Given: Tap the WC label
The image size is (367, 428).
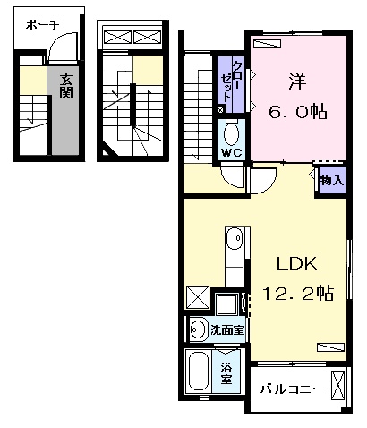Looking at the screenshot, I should [x=232, y=151].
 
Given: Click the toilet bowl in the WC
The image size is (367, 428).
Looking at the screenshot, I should [x=232, y=133].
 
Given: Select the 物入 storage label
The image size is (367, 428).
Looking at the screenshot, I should [x=331, y=180].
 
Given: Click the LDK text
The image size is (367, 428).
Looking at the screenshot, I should [x=297, y=264].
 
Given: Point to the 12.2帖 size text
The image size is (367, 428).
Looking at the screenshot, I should [x=297, y=292].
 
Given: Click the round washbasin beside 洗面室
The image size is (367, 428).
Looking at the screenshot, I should [x=198, y=330].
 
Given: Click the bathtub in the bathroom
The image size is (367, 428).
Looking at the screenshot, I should [x=199, y=370].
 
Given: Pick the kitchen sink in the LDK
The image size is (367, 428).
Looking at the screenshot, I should [x=235, y=240].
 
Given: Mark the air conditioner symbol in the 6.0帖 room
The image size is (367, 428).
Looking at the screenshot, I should [x=267, y=43].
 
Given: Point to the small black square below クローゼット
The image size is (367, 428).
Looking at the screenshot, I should [x=221, y=109].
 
